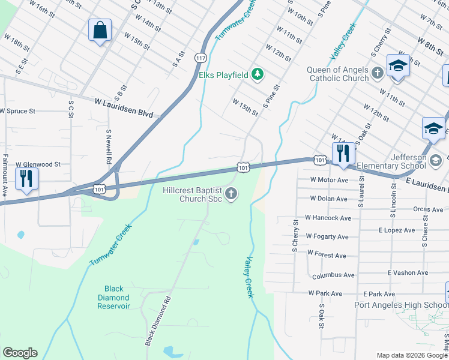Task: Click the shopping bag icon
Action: (x=100, y=30)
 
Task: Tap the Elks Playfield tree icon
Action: (x=258, y=74)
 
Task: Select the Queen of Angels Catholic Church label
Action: (x=337, y=74)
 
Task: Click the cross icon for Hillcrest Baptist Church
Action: (x=231, y=193)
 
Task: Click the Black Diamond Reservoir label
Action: (x=113, y=297)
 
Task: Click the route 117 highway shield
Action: (x=200, y=57)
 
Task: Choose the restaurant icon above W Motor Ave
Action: (x=343, y=154)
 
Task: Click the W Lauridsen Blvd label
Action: (x=124, y=108)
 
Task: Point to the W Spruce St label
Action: (x=18, y=111)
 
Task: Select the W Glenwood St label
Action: (x=38, y=164)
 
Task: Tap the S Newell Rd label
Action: (x=109, y=146)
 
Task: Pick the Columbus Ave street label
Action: (x=333, y=275)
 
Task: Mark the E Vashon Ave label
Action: (x=408, y=272)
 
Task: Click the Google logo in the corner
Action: (x=20, y=353)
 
